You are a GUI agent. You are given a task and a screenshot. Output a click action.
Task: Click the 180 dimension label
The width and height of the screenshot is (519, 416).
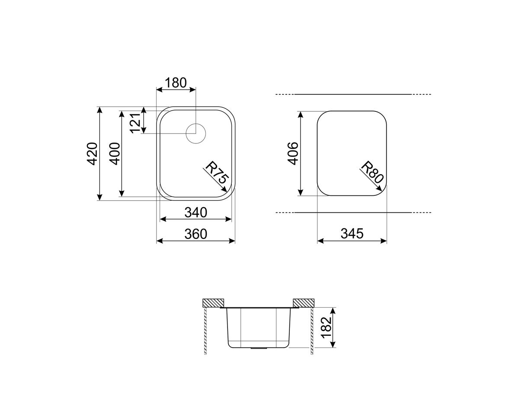tap(176, 83)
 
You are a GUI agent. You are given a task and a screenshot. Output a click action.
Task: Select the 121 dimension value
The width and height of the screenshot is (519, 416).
tap(135, 123)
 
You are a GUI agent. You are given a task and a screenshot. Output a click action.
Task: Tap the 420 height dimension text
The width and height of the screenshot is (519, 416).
tap(93, 154)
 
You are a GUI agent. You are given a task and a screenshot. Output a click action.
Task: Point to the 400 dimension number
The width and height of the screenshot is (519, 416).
tap(115, 154)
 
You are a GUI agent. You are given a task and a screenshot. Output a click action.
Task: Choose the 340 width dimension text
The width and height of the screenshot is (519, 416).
tap(195, 212)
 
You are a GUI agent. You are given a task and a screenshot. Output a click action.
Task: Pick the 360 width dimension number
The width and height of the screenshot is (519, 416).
tap(195, 234)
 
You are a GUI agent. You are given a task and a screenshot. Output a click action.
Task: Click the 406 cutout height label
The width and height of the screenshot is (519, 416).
tap(293, 153)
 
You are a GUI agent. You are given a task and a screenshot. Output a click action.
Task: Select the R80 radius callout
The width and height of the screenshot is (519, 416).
tap(372, 172)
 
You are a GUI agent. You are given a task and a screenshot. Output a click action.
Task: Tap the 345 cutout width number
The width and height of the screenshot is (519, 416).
tap(352, 234)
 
